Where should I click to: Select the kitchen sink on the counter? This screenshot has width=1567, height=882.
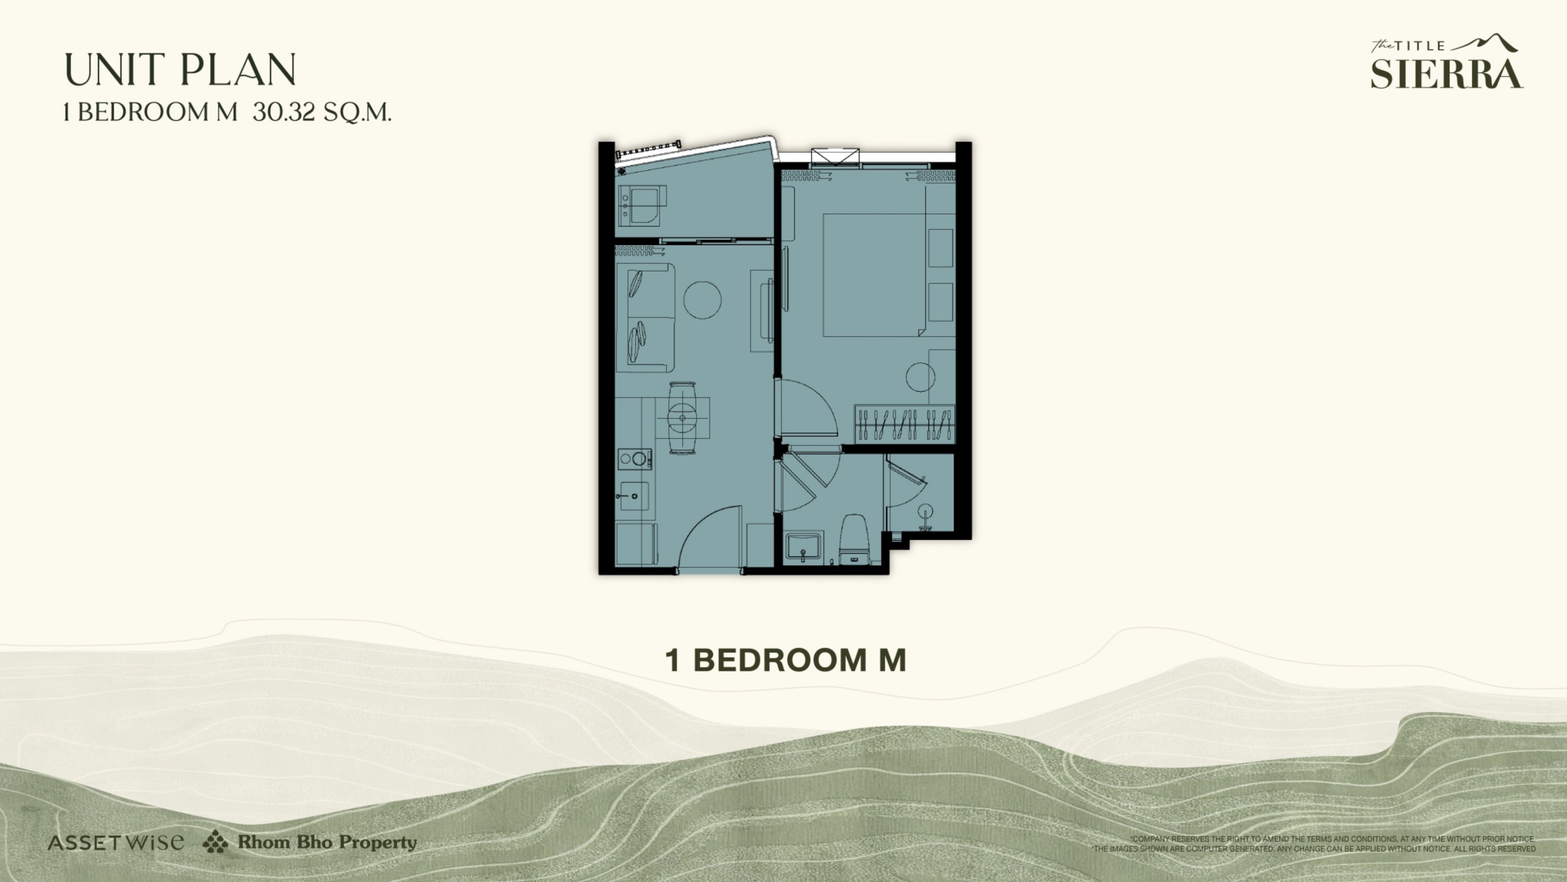[x=633, y=496]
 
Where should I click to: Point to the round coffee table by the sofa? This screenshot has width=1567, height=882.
[x=702, y=300]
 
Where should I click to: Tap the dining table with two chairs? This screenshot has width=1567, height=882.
[x=682, y=417]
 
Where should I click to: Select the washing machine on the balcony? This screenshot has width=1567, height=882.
[x=642, y=206]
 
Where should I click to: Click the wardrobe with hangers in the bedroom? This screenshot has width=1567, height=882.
[x=905, y=424]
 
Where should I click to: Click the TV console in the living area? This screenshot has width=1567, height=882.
[x=762, y=311]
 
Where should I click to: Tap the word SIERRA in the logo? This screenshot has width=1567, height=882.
[x=1447, y=74]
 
